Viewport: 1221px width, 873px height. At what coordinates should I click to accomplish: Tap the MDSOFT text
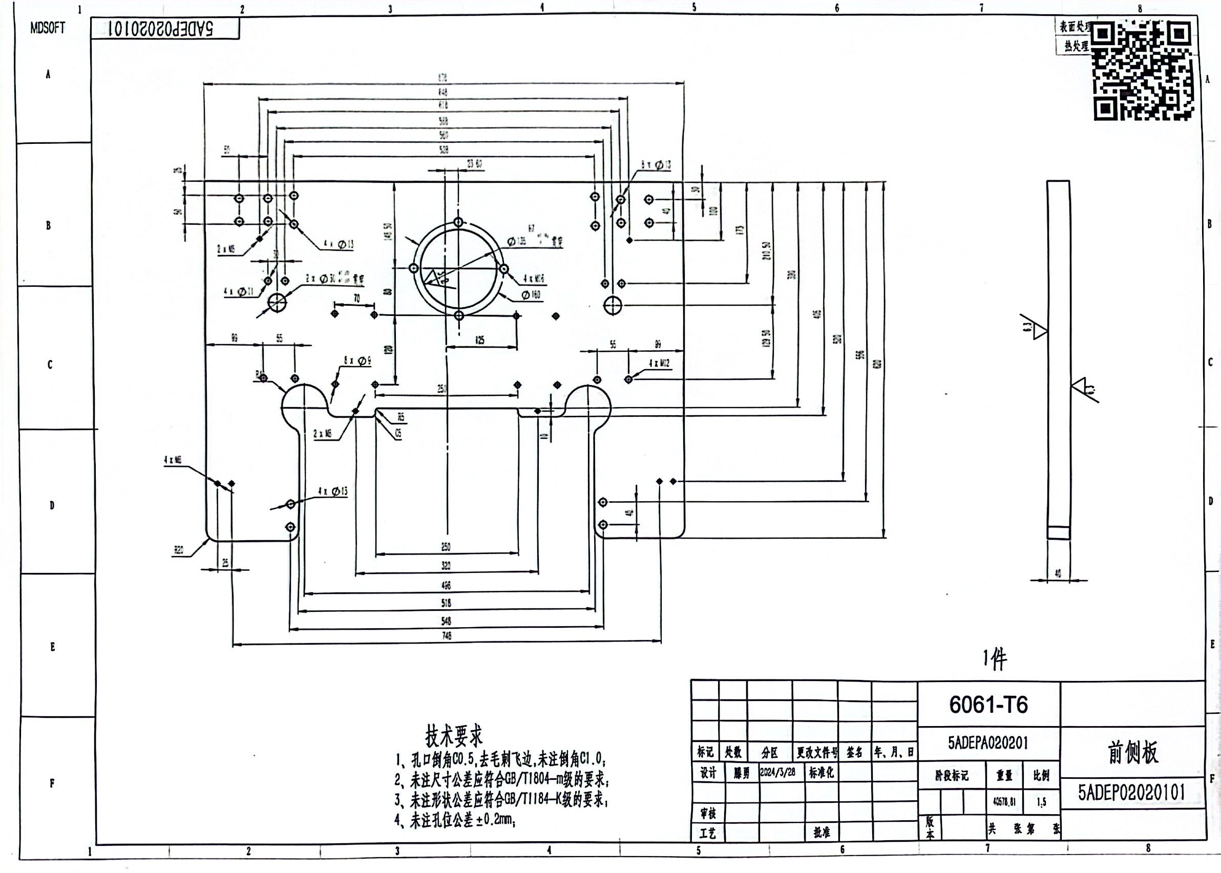[x=48, y=29]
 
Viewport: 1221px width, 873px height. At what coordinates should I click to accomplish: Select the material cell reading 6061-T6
[x=988, y=705]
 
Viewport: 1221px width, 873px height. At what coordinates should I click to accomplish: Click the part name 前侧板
[x=1132, y=752]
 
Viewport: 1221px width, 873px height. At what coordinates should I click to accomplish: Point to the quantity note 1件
[x=994, y=658]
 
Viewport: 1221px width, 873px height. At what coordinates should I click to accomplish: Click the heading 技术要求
[x=454, y=735]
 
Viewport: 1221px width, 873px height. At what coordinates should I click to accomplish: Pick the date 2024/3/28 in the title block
[x=777, y=773]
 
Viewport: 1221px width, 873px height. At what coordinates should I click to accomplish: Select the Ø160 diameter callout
[x=531, y=294]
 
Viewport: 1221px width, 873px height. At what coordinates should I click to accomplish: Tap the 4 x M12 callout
[x=659, y=364]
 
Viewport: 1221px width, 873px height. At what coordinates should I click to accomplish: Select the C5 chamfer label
[x=398, y=433]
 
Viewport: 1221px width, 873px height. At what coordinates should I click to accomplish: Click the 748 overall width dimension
[x=446, y=636]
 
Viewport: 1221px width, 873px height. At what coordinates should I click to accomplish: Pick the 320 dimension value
[x=446, y=566]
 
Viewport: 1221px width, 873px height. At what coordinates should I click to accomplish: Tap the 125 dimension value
[x=479, y=340]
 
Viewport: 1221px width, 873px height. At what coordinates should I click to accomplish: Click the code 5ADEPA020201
[x=988, y=743]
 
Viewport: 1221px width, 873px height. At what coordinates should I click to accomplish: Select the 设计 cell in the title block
[x=707, y=773]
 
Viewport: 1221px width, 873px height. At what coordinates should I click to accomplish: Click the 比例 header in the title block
[x=1041, y=776]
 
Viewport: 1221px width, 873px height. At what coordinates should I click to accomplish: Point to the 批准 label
[x=822, y=832]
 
